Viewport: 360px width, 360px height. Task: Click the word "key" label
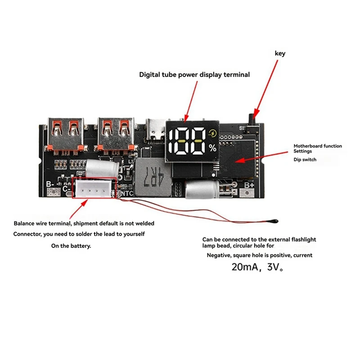280,54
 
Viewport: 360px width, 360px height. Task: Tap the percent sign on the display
212,147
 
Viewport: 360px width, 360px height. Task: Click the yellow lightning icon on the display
212,134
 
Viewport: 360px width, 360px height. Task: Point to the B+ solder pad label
249,184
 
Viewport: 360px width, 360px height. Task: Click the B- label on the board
50,184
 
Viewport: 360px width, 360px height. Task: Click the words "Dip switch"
305,159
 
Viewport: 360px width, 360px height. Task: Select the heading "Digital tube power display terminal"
194,75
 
